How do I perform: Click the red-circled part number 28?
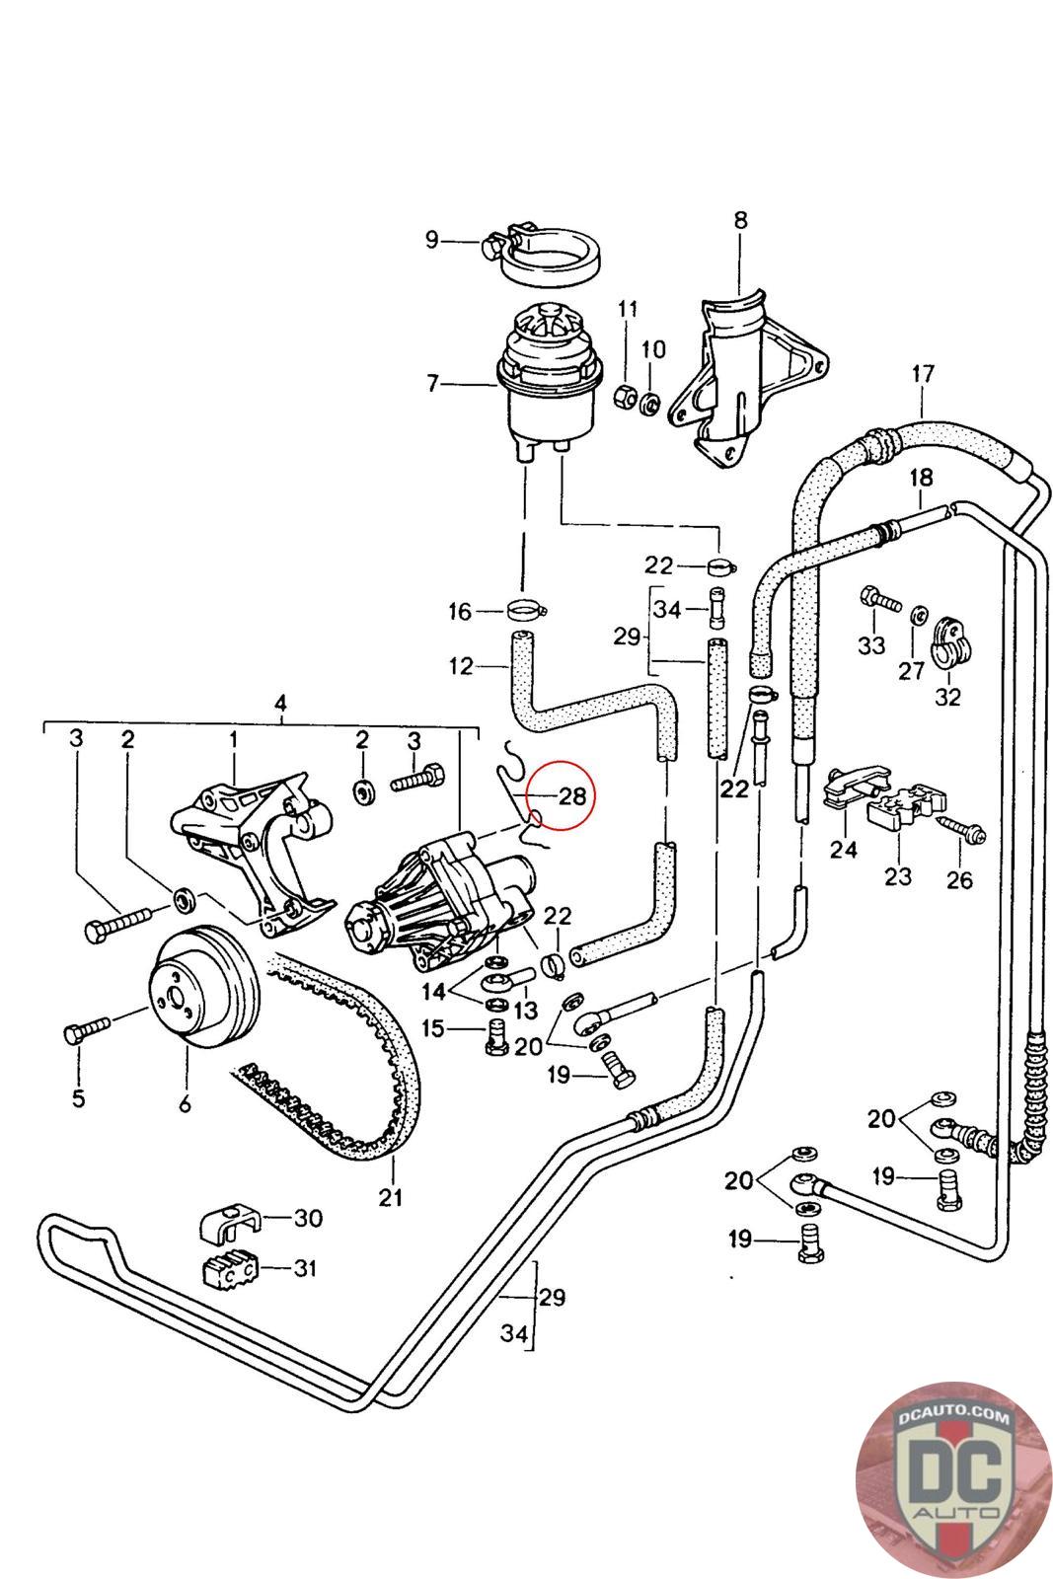pos(571,795)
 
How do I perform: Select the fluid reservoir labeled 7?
pos(551,382)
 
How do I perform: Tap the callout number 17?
pos(923,373)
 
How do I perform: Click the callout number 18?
pos(921,478)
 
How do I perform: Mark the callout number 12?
pos(461,665)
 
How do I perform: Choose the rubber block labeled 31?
pos(230,1270)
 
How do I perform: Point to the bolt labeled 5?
pos(87,1030)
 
